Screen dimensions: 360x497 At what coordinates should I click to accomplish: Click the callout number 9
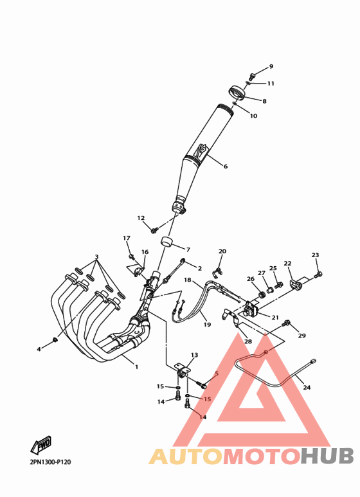tap(271, 67)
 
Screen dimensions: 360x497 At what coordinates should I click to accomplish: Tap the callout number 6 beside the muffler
tap(225, 166)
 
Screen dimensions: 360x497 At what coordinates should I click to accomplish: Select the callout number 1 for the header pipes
tap(136, 367)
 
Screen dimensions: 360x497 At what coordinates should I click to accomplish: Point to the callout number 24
tap(307, 387)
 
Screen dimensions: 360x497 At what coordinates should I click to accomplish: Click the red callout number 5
tap(217, 374)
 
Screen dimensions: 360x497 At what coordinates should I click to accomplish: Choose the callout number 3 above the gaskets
tap(96, 257)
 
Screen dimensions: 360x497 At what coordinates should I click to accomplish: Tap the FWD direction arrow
tap(41, 445)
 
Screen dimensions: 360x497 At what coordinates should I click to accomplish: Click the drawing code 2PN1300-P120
tap(50, 462)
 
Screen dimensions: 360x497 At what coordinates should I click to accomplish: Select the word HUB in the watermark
tap(327, 456)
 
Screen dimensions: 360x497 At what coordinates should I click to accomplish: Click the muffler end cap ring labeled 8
tap(237, 93)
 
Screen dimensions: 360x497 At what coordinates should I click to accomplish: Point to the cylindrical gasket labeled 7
tap(166, 242)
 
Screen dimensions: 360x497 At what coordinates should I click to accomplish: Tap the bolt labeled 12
tap(155, 229)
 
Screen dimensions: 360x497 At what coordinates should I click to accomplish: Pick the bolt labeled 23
tap(318, 274)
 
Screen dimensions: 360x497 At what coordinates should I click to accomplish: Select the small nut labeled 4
tap(55, 339)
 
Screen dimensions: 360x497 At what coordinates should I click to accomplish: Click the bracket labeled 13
tap(183, 370)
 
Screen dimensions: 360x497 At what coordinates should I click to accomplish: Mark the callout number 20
tap(222, 251)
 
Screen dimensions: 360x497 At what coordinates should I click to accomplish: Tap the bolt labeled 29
tap(286, 323)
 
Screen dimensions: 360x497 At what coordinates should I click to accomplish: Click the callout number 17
tap(127, 238)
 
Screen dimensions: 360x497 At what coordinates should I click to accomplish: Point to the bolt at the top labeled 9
tap(252, 76)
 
